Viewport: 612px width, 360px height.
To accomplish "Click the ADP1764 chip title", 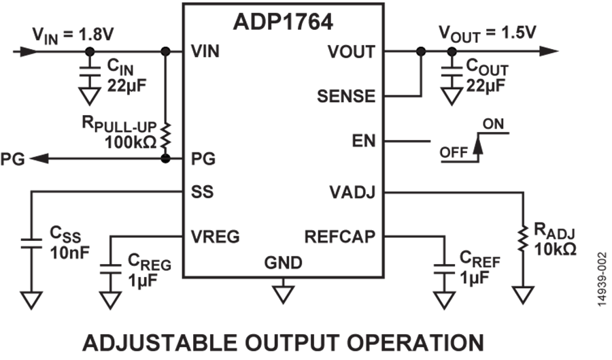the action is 283,22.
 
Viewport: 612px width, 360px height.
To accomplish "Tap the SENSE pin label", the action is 346,96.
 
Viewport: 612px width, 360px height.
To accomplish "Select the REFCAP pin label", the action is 339,237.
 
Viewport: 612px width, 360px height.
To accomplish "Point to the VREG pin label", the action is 215,237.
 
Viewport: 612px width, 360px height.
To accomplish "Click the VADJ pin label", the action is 352,192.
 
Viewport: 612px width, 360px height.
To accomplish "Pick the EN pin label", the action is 364,141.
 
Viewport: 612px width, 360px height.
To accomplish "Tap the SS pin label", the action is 202,192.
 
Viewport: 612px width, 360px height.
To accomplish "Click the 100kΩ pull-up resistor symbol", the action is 166,135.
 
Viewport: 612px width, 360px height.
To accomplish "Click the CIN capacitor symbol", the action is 89,72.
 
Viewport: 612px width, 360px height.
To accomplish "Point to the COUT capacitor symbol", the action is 452,72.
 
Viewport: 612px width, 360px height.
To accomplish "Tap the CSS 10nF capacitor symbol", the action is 31,243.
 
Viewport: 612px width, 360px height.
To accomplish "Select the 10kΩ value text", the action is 555,249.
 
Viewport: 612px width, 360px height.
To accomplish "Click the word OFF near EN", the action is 454,152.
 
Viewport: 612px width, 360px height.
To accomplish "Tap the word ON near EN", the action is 494,124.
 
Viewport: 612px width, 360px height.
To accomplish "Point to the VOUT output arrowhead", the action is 549,51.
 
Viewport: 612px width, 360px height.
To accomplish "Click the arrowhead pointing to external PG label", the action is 39,159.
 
